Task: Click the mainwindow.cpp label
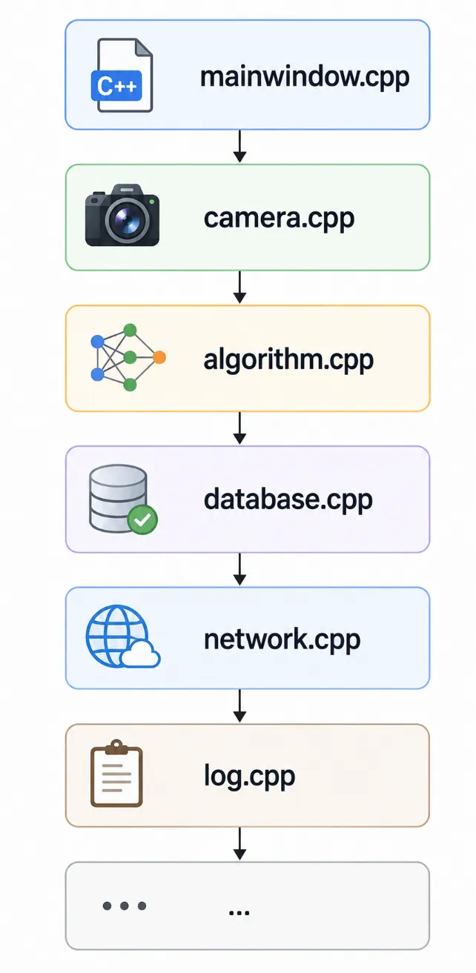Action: [305, 77]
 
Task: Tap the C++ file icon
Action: [122, 75]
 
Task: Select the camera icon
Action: [122, 215]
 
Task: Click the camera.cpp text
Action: [279, 219]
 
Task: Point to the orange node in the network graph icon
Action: [159, 357]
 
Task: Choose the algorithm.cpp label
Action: [288, 360]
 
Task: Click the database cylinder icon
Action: [118, 498]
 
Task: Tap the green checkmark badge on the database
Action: [142, 519]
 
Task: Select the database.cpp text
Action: [288, 499]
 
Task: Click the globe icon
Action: [117, 636]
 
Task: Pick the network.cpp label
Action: [282, 640]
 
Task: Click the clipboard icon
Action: [116, 773]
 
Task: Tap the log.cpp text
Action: [250, 777]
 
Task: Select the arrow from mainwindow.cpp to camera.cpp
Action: [239, 147]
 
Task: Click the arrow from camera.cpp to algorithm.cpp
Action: [239, 287]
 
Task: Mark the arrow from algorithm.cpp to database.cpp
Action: [239, 428]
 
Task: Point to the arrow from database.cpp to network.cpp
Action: [239, 569]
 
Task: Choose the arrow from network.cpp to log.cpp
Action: [239, 706]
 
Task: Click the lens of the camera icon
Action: [126, 220]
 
